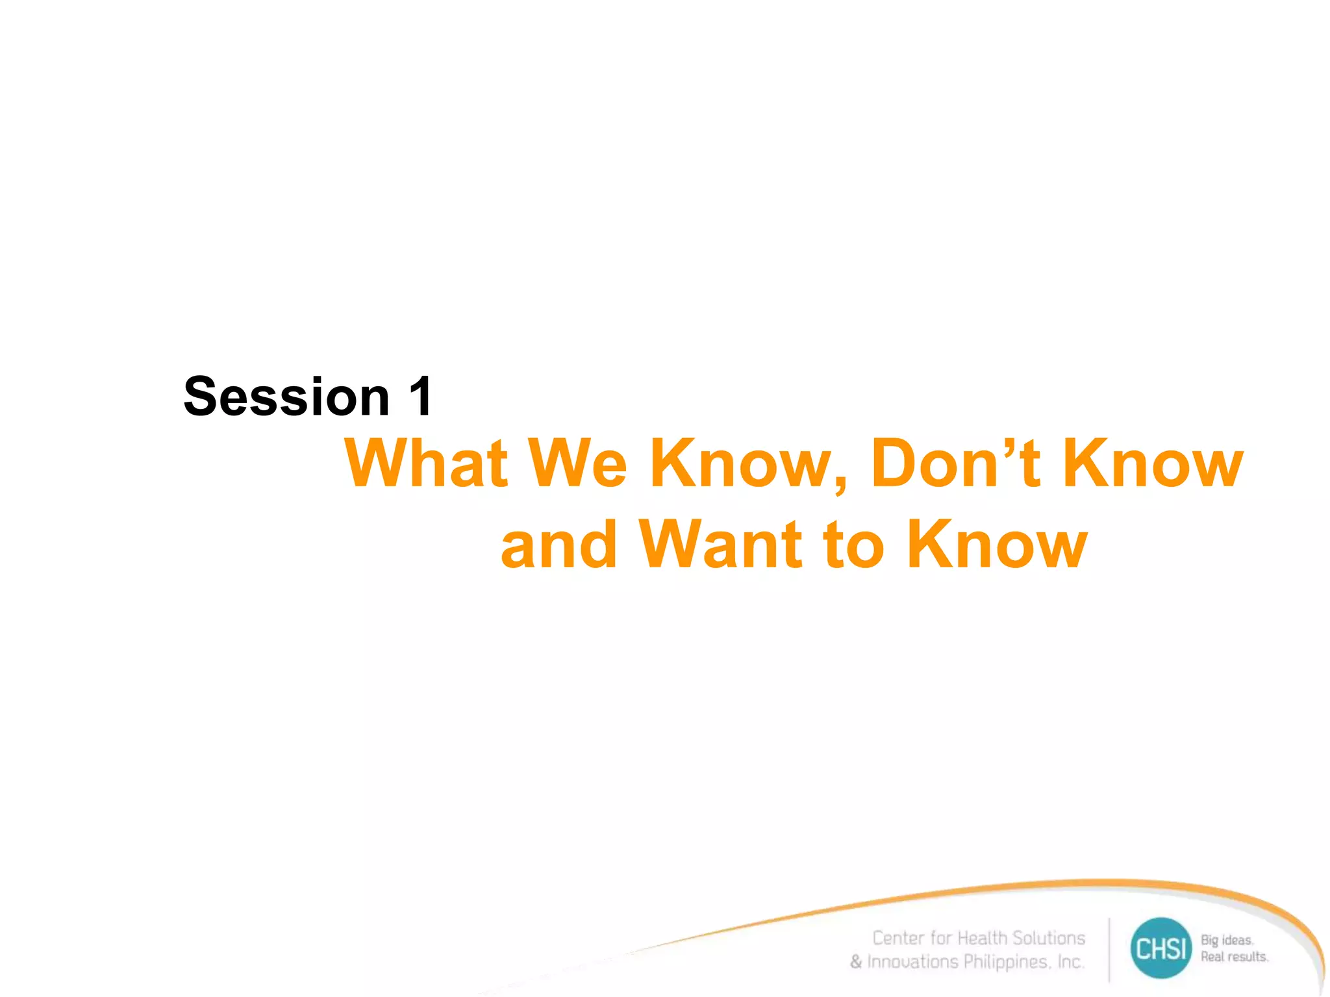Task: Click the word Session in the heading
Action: (x=286, y=397)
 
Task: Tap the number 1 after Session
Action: (x=421, y=397)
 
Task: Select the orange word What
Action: (x=426, y=463)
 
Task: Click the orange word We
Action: (x=577, y=463)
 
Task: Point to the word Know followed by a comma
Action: (x=747, y=463)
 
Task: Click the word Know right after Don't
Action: (x=1153, y=463)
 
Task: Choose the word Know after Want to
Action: (x=996, y=545)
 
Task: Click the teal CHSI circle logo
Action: (x=1161, y=948)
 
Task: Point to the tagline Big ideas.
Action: (x=1227, y=940)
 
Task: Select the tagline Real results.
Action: (x=1234, y=957)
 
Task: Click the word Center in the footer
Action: (x=898, y=938)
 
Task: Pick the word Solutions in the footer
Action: (x=1049, y=938)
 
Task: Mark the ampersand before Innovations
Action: (x=856, y=961)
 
